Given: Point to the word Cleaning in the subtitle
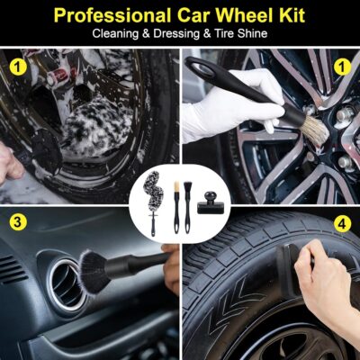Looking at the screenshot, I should point(117,34).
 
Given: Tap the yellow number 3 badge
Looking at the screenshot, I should point(16,221).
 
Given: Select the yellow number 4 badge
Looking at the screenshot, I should point(343,221).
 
